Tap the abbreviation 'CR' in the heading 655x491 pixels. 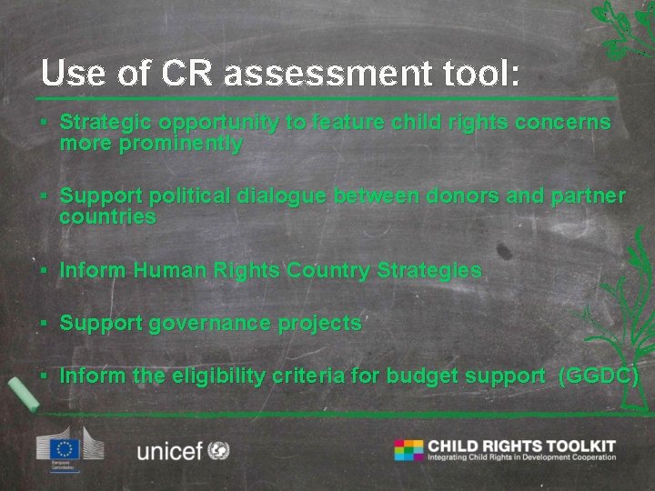click(x=183, y=74)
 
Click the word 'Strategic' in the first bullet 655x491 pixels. click(x=106, y=123)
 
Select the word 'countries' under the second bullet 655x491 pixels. click(x=107, y=217)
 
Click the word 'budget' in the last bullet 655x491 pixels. click(x=428, y=376)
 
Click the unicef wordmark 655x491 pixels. click(x=169, y=450)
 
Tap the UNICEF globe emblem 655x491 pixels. click(x=218, y=450)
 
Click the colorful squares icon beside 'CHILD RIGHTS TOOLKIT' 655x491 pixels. click(x=408, y=450)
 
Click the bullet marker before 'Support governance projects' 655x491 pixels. click(x=44, y=324)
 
